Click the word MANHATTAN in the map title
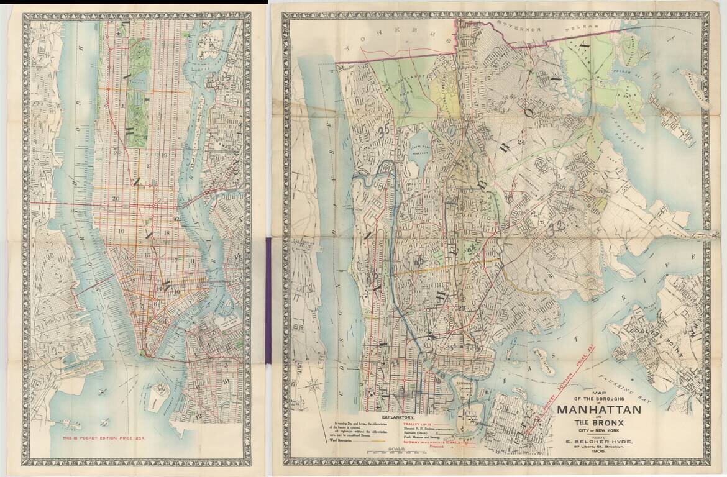pyautogui.click(x=598, y=411)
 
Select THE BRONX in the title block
pyautogui.click(x=599, y=425)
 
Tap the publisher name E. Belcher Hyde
pyautogui.click(x=598, y=442)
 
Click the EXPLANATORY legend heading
pyautogui.click(x=398, y=418)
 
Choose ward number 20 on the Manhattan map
pyautogui.click(x=116, y=198)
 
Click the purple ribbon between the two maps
pyautogui.click(x=268, y=298)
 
